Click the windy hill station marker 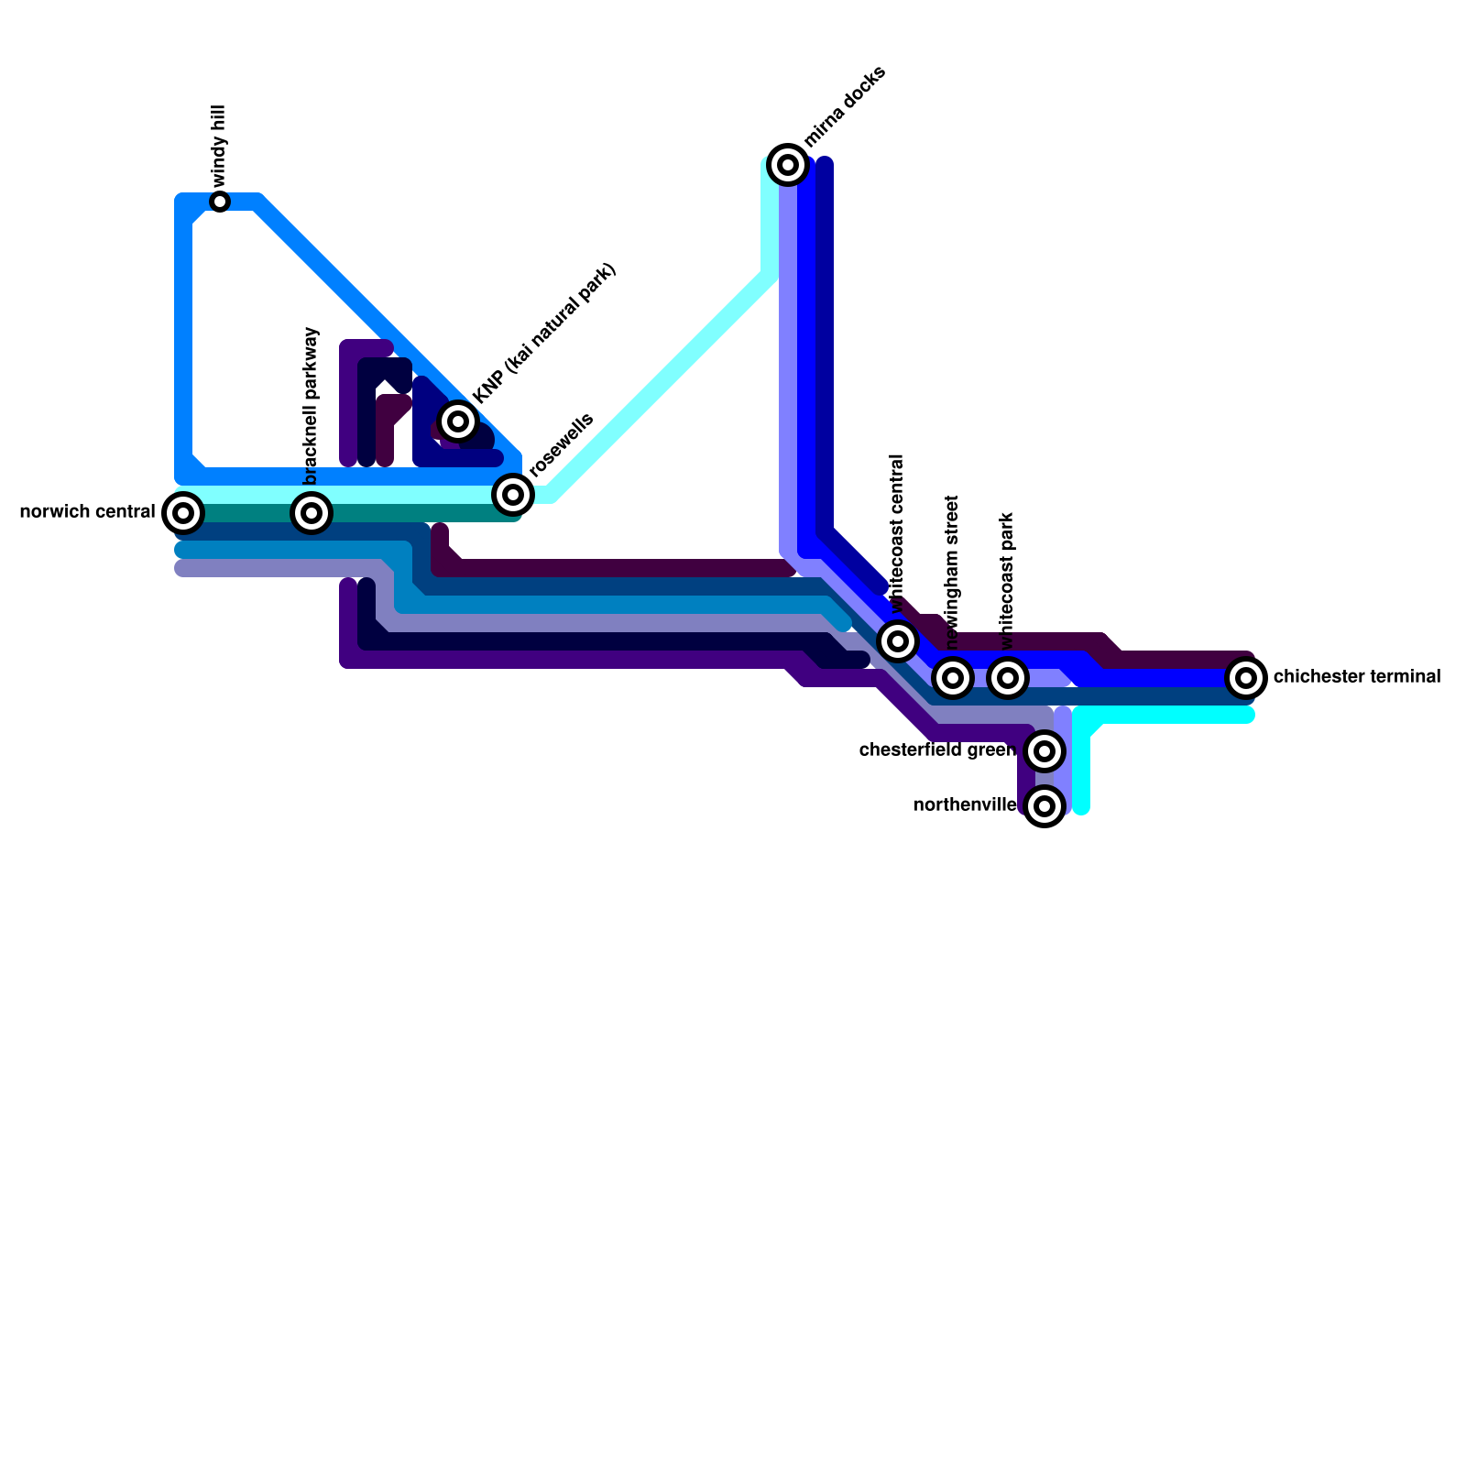coord(220,201)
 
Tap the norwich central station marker coord(183,512)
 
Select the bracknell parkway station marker coord(312,512)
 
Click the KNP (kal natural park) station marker coord(458,421)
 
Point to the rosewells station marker coord(513,494)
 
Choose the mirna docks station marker coord(788,164)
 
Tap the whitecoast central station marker coord(898,640)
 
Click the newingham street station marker coord(953,677)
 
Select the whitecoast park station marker coord(1008,677)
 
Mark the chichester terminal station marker coord(1246,677)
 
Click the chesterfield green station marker coord(1045,750)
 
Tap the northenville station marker coord(1045,805)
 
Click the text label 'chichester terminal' coord(1356,677)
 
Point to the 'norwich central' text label coord(87,512)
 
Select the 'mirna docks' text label coord(845,106)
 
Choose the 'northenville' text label coord(965,805)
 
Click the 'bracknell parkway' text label coord(312,405)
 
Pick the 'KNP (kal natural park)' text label coord(546,333)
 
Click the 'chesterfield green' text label coord(937,750)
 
